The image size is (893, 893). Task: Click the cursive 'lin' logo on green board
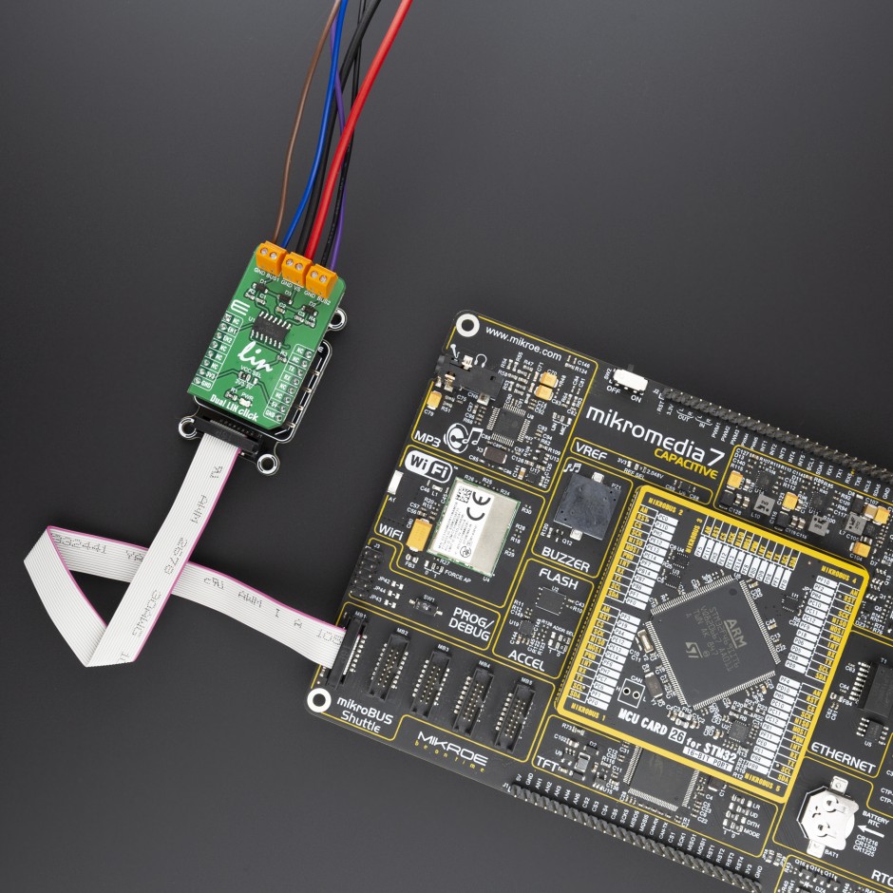point(256,358)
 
